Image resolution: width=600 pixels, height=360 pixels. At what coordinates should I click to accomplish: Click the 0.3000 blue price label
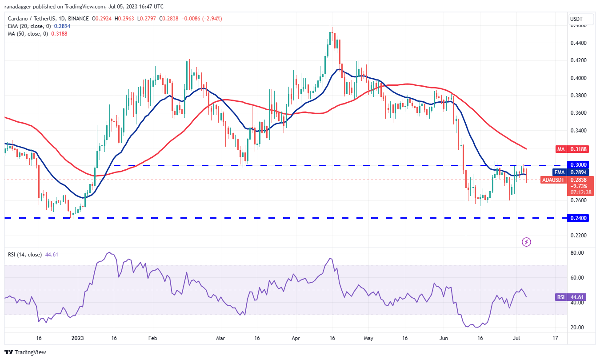coord(577,164)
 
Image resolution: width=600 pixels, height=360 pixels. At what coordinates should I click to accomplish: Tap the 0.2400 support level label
coord(577,218)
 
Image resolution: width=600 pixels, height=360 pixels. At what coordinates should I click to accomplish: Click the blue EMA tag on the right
coord(560,172)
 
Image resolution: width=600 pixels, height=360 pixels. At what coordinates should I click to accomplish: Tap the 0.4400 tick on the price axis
coord(577,43)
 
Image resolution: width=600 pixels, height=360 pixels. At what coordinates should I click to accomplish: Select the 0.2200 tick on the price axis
coord(577,236)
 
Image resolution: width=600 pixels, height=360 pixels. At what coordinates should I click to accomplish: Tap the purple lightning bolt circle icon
coord(526,242)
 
